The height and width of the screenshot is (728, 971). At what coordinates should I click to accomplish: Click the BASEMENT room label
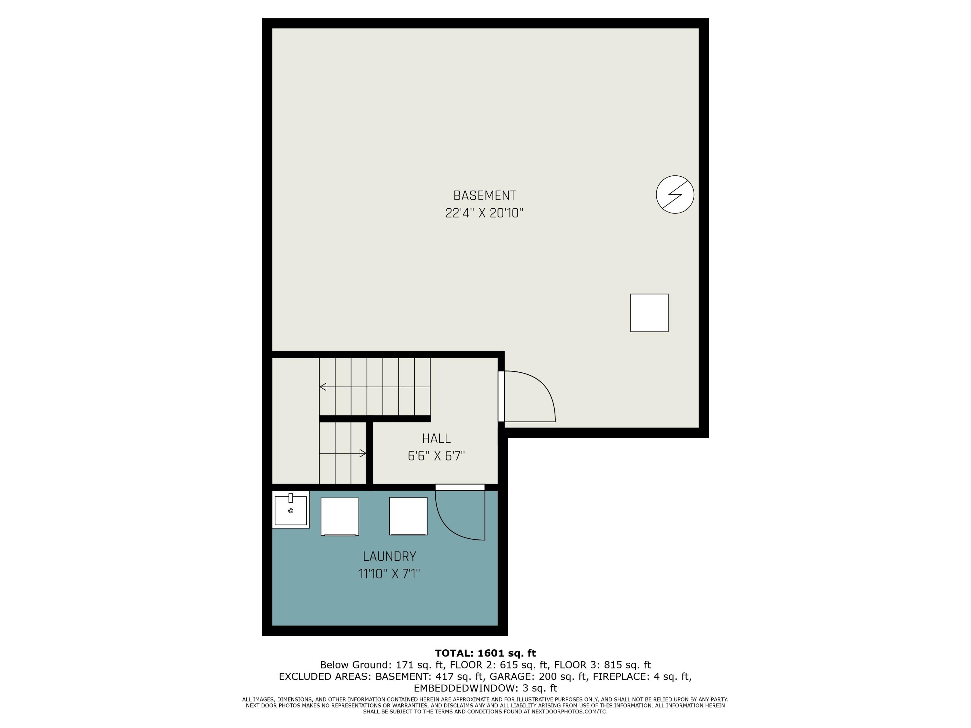(x=484, y=195)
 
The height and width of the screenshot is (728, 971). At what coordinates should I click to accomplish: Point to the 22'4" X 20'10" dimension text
(x=484, y=213)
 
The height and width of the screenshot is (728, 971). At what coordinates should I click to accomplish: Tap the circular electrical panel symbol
(x=675, y=194)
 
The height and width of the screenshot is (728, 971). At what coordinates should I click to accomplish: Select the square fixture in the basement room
(x=649, y=313)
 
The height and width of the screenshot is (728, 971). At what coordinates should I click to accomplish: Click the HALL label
(x=436, y=438)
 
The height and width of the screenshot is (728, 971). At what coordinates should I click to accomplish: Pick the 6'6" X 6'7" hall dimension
(x=436, y=456)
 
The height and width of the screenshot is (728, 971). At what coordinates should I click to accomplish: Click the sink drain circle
(x=291, y=511)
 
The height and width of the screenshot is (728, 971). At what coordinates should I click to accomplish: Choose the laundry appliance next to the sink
(x=340, y=516)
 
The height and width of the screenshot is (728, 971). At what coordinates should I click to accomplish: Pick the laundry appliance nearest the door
(x=408, y=516)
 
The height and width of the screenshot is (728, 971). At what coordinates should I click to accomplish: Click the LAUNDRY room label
(x=389, y=557)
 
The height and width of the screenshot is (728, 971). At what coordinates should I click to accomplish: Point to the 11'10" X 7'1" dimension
(x=389, y=574)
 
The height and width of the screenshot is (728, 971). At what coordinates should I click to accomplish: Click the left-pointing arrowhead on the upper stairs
(x=323, y=387)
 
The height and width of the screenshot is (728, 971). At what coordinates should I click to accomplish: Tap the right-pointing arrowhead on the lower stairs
(x=363, y=453)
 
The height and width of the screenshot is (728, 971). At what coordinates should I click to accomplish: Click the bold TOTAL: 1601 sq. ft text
(x=485, y=653)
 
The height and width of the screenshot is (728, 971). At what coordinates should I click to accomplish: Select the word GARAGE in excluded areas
(x=509, y=677)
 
